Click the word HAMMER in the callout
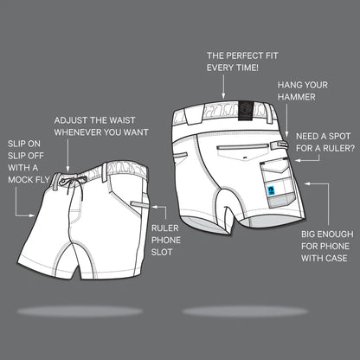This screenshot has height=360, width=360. tap(297, 97)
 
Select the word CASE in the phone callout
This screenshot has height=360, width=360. tap(335, 258)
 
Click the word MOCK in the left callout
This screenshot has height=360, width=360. tap(18, 180)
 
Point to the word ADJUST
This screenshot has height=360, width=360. tap(71, 120)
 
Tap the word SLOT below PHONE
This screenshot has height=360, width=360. tap(162, 252)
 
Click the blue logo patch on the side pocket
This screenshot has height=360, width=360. tap(272, 191)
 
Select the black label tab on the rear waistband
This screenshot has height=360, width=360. tap(246, 111)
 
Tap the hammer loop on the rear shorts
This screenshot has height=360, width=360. tap(279, 145)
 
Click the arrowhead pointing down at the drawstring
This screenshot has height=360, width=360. tap(67, 169)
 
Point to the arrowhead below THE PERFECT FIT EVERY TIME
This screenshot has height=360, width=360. tap(223, 96)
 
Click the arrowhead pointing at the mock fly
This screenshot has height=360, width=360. tap(32, 215)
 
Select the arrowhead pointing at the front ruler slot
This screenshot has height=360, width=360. tap(154, 207)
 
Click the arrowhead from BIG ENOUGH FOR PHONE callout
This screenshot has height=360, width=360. tap(307, 183)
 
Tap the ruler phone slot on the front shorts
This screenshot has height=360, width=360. tap(140, 204)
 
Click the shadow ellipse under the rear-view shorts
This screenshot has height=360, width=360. tap(245, 312)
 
